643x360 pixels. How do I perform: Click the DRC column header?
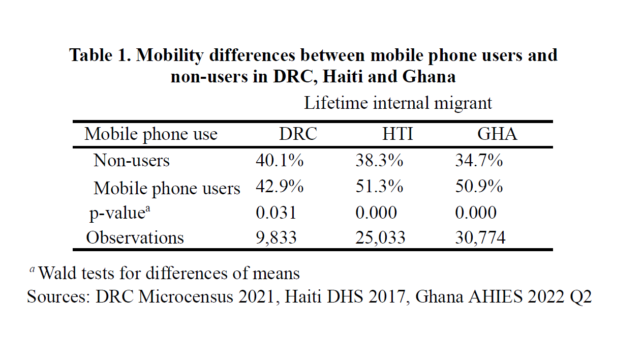click(x=298, y=134)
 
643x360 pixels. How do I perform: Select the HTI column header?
click(x=397, y=134)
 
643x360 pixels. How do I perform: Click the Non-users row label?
click(x=131, y=161)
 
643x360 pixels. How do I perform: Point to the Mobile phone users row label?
click(x=167, y=188)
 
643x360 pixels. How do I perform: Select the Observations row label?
click(x=135, y=237)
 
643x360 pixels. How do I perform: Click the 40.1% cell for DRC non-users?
click(x=280, y=161)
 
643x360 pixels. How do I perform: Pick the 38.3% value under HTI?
click(x=379, y=161)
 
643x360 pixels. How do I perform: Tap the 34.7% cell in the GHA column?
click(x=479, y=161)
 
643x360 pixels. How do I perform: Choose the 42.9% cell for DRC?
click(x=280, y=187)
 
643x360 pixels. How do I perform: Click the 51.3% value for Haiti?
click(x=379, y=187)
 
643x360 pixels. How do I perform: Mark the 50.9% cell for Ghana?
click(x=479, y=187)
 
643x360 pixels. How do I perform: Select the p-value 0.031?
click(x=276, y=212)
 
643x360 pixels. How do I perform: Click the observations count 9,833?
click(x=276, y=237)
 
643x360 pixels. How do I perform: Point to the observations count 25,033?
click(x=380, y=237)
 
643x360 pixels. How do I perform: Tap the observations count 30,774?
click(x=480, y=237)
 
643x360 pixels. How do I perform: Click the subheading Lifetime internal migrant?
click(x=397, y=103)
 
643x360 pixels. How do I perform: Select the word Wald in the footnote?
click(x=56, y=273)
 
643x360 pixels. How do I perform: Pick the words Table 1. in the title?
click(x=100, y=55)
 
